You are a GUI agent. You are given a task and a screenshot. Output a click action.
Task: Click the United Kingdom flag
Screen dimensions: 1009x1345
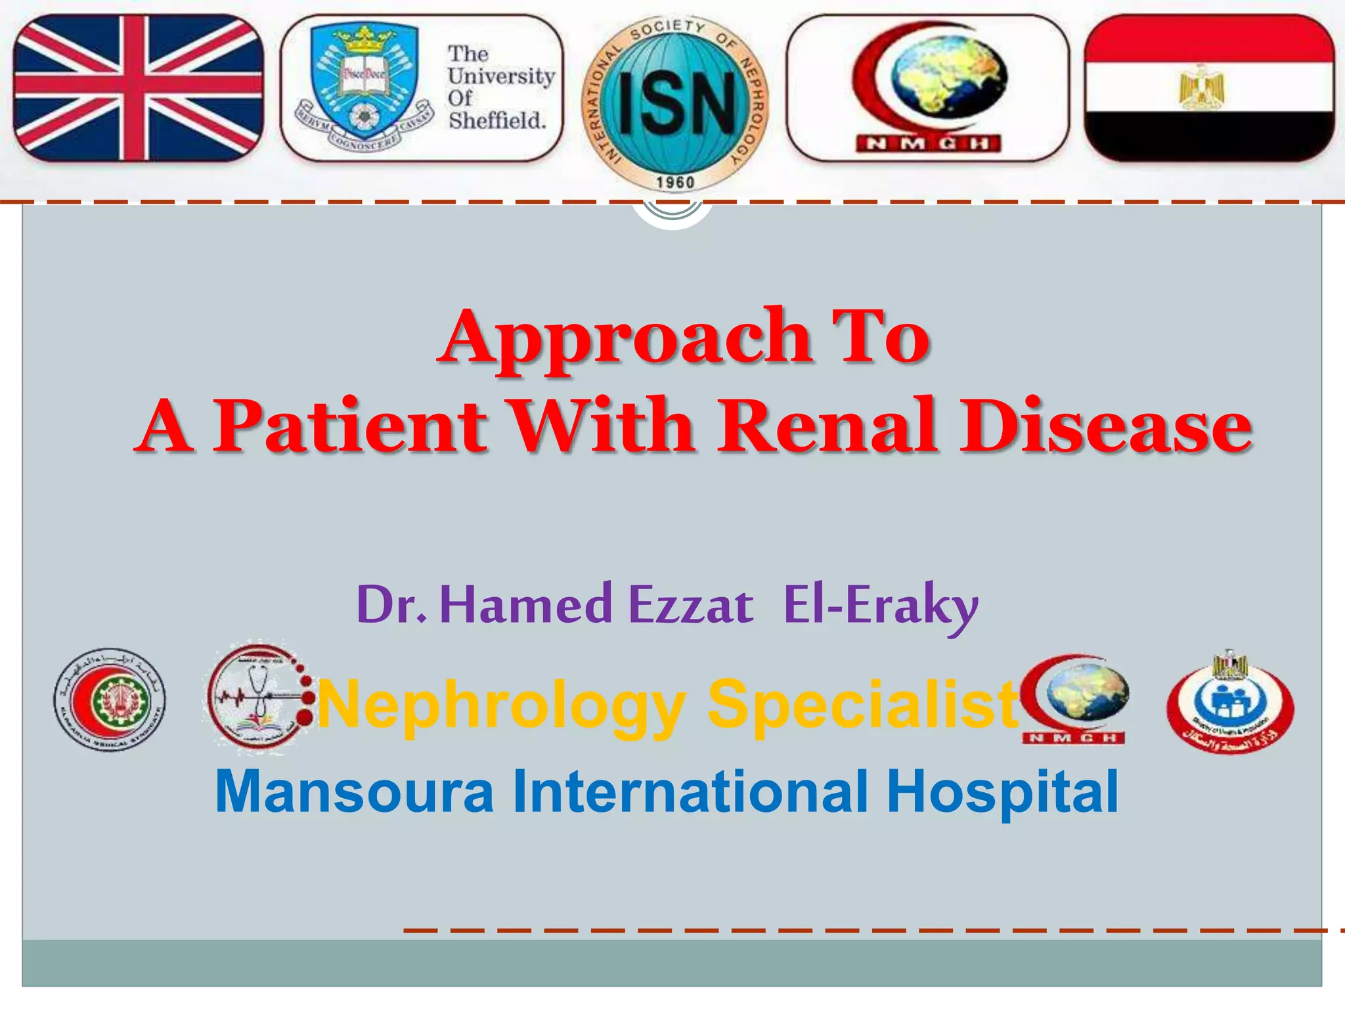138,88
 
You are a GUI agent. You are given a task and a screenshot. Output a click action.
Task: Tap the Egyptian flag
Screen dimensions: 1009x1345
1209,88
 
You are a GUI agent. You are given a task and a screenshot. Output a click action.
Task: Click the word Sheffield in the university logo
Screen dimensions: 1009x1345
497,121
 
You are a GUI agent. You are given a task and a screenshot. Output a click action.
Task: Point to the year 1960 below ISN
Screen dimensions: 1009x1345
675,182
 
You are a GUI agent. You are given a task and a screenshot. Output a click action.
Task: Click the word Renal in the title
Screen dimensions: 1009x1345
827,426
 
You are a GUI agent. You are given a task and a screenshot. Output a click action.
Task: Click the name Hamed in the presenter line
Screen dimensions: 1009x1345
525,604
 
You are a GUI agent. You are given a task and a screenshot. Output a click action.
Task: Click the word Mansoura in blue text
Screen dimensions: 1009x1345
355,791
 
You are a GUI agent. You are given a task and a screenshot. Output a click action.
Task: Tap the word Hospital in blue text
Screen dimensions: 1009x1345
1002,792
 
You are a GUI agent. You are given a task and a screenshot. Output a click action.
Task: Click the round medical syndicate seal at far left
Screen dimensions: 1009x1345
110,700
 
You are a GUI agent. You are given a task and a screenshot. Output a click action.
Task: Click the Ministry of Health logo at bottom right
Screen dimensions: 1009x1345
1230,704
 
